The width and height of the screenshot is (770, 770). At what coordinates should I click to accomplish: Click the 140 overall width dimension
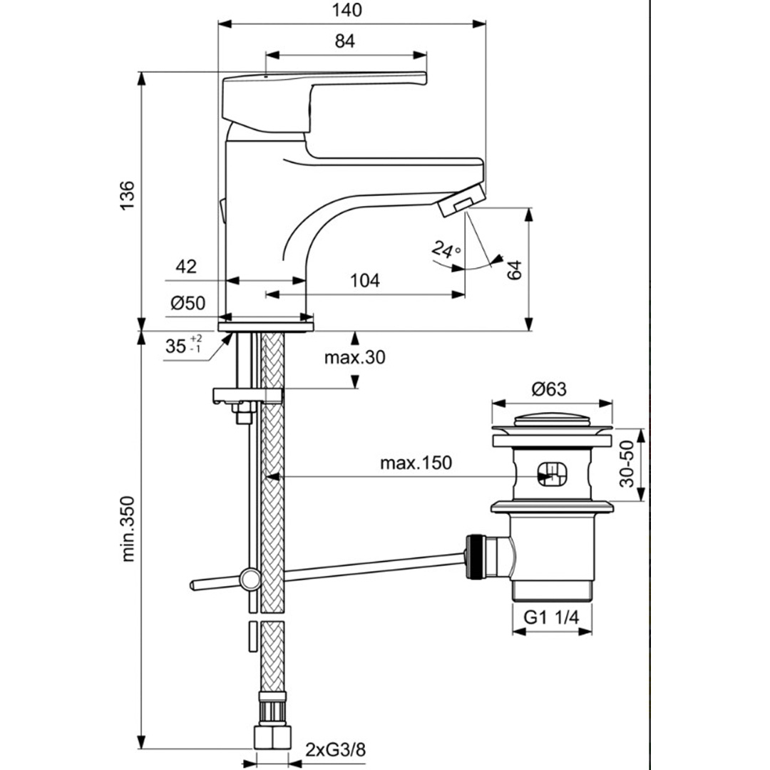point(351,11)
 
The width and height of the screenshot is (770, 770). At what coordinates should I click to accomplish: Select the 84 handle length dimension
point(345,41)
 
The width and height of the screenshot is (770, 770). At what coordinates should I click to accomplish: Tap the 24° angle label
point(446,250)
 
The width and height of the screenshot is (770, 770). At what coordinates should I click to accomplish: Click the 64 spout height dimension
point(515,269)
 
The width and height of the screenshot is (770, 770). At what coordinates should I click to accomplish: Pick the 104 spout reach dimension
point(365,281)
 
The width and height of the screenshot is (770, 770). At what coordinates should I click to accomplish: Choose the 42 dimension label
point(186,267)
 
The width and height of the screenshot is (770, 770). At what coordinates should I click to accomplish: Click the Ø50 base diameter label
point(188,303)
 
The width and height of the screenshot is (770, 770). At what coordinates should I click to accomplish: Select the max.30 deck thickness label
point(355,357)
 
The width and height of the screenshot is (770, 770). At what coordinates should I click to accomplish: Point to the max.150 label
point(416,463)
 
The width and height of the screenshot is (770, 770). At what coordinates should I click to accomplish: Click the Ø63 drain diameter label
point(549,389)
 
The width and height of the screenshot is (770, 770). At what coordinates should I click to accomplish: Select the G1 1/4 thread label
point(551,617)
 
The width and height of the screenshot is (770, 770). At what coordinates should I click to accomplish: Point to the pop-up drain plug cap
point(550,420)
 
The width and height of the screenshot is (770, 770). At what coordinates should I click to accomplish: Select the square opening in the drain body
point(550,473)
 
